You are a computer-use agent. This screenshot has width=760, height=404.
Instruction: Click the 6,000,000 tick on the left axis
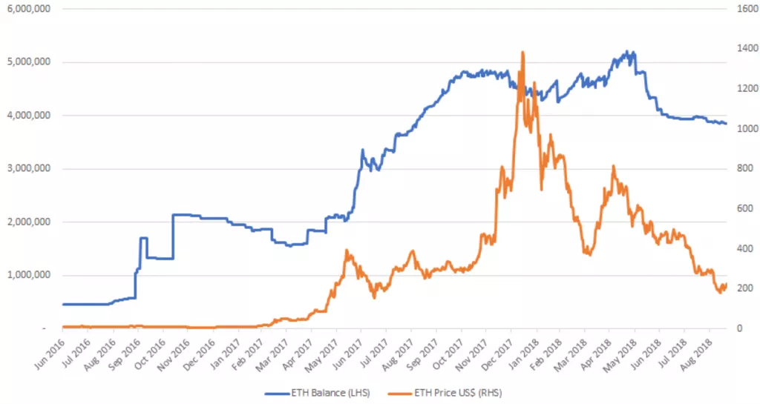(x=28, y=8)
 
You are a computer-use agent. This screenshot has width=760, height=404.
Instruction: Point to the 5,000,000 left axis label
(x=28, y=62)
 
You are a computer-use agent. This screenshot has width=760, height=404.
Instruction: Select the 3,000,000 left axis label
(x=28, y=168)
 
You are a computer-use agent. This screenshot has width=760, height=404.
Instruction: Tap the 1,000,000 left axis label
(x=28, y=275)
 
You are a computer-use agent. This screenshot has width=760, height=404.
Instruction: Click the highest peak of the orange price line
(x=523, y=52)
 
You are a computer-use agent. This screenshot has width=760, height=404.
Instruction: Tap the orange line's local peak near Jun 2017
(x=347, y=251)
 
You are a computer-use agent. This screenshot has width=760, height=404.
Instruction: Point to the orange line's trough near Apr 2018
(x=589, y=254)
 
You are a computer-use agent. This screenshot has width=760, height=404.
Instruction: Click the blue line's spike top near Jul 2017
(x=363, y=150)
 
